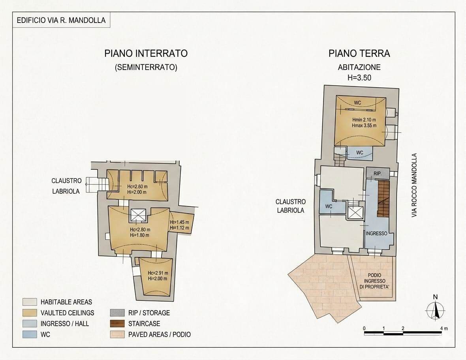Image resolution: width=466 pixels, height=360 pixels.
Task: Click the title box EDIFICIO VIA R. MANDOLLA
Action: pyautogui.click(x=61, y=20)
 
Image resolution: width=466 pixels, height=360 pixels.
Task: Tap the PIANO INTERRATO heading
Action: pyautogui.click(x=146, y=53)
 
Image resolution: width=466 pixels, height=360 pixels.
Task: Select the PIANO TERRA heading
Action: pyautogui.click(x=359, y=53)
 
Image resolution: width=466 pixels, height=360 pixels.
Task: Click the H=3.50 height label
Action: pyautogui.click(x=359, y=77)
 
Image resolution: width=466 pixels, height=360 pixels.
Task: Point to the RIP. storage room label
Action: pyautogui.click(x=378, y=173)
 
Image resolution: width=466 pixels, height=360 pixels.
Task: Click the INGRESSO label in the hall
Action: pyautogui.click(x=376, y=233)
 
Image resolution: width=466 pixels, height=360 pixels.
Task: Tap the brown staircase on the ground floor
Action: pyautogui.click(x=383, y=199)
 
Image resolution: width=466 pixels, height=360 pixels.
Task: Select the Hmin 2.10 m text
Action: pyautogui.click(x=364, y=120)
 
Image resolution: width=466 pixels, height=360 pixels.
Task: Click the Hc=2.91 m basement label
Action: pyautogui.click(x=158, y=273)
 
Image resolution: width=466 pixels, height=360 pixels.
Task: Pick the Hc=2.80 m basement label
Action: pyautogui.click(x=140, y=230)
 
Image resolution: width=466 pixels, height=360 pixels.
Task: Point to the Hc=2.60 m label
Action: pyautogui.click(x=137, y=187)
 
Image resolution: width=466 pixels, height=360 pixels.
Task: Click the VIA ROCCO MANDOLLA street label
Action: pyautogui.click(x=414, y=185)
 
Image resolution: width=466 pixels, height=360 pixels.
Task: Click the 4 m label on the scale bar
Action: pyautogui.click(x=444, y=328)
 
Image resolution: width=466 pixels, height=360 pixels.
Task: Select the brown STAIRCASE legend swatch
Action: pyautogui.click(x=117, y=323)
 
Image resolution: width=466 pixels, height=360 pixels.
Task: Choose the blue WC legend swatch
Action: pyautogui.click(x=30, y=334)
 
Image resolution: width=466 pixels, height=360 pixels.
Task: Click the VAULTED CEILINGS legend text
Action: pyautogui.click(x=68, y=313)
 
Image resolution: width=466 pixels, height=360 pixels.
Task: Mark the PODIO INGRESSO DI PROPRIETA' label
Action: pyautogui.click(x=374, y=281)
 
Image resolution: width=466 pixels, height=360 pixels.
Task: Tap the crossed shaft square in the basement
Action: pyautogui.click(x=139, y=215)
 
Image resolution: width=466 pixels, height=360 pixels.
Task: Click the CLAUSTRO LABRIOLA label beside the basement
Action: pyautogui.click(x=66, y=186)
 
